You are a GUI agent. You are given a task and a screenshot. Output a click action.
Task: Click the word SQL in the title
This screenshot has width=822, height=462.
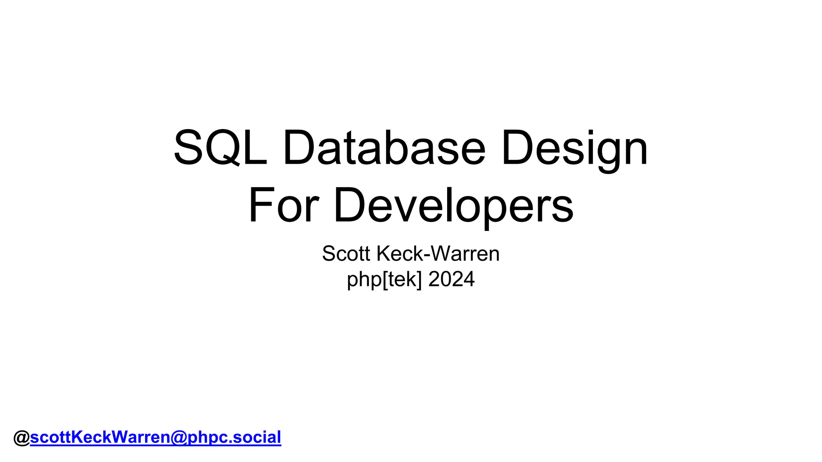[x=220, y=147]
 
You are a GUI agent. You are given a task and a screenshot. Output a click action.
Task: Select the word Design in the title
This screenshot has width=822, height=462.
[x=574, y=147]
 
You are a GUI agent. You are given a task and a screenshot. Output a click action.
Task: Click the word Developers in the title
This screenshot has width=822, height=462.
[x=454, y=205]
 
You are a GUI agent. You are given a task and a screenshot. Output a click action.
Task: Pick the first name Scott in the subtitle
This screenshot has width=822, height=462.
[x=347, y=253]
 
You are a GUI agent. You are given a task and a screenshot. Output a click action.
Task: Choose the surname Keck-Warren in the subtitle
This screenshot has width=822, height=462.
[x=438, y=253]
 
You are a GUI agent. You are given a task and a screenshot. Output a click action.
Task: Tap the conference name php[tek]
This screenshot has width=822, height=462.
[x=385, y=279]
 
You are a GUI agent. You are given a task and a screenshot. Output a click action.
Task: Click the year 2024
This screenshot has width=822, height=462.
[x=452, y=279]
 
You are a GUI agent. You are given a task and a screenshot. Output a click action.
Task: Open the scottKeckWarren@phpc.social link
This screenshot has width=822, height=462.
[x=155, y=437]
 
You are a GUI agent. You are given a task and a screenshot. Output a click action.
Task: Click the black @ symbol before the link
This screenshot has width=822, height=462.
[x=21, y=438]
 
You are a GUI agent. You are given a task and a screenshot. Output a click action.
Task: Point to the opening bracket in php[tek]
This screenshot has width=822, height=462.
[x=385, y=280]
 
